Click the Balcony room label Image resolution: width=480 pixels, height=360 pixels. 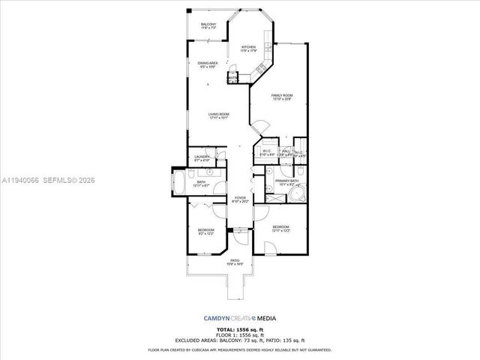(x=208, y=26)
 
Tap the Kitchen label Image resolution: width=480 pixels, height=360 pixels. (x=249, y=49)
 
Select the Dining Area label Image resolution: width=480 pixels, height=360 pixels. (x=208, y=64)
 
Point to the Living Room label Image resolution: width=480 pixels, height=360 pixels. (x=218, y=115)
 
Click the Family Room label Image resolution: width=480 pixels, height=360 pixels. (x=282, y=97)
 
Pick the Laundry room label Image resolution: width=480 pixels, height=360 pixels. (x=201, y=158)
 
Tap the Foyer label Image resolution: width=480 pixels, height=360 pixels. (x=240, y=200)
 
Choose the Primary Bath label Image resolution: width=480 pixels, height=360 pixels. (x=286, y=182)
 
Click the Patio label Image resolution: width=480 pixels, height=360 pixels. (x=235, y=262)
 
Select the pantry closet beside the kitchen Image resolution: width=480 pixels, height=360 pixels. (x=233, y=78)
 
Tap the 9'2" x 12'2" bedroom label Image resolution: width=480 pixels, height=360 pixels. (x=206, y=232)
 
